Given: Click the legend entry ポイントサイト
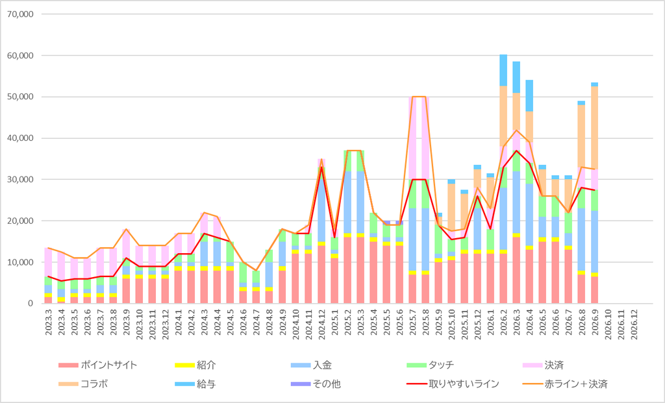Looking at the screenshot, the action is click(98, 365).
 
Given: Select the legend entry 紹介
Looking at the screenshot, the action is click(195, 365).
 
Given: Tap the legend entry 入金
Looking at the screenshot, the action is click(311, 365).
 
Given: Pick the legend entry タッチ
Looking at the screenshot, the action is click(431, 365).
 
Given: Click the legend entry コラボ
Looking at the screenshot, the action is click(83, 384).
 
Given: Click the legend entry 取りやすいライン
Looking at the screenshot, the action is click(453, 384).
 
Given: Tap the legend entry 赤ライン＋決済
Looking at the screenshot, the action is click(565, 384).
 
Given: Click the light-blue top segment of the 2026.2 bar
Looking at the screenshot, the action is click(503, 70).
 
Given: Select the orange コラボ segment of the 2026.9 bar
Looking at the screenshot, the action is click(595, 128).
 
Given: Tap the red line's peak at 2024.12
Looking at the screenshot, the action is click(321, 167).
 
